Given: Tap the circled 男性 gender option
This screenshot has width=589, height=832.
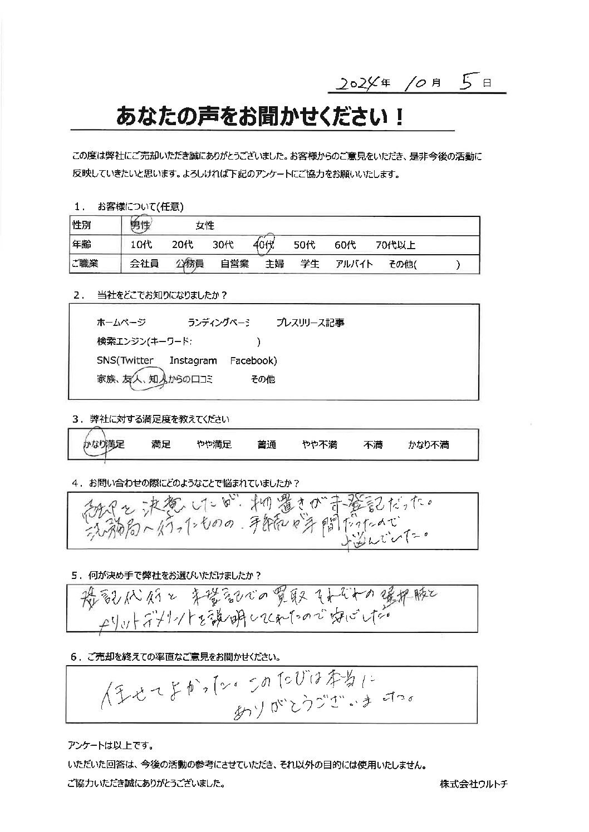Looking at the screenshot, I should [x=140, y=225].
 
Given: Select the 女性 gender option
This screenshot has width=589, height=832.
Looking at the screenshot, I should [x=205, y=226].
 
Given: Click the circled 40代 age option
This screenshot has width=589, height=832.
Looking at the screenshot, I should [x=264, y=245].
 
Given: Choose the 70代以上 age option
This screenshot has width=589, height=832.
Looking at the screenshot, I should [x=395, y=245].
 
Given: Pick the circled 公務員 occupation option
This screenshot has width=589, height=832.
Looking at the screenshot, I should [x=190, y=264].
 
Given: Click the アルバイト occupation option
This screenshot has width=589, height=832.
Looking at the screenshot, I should [x=354, y=264].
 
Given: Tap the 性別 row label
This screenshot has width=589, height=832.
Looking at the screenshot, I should [x=81, y=226].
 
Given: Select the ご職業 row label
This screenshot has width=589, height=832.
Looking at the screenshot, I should [x=85, y=264].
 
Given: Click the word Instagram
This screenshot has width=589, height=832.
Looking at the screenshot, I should [x=193, y=360].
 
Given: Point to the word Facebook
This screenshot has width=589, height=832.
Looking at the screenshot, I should [x=253, y=360].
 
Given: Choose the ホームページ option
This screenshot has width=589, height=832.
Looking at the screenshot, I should [x=121, y=323].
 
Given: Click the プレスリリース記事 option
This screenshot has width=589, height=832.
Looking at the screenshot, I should [x=310, y=323].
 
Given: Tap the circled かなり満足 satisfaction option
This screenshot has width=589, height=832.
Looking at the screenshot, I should [x=104, y=445].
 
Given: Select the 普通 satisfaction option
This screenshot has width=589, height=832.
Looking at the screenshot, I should [x=267, y=445].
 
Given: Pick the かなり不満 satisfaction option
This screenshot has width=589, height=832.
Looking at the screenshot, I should [x=428, y=445].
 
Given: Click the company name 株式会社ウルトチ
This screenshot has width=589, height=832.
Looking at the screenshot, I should [x=473, y=784].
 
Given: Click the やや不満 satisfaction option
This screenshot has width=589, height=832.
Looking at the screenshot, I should [x=320, y=445].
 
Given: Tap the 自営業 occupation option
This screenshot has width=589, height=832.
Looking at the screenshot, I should [x=234, y=264].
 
